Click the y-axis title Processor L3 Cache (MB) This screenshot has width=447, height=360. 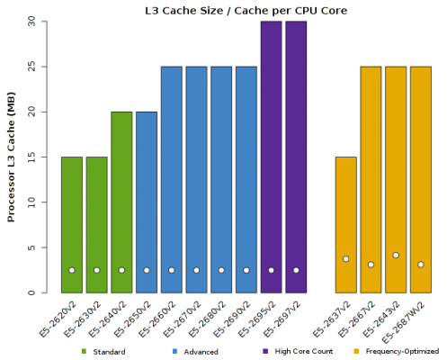click(11, 158)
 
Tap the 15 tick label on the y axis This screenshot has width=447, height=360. click(31, 157)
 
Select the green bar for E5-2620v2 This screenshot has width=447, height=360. click(72, 225)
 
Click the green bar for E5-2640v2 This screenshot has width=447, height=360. click(121, 202)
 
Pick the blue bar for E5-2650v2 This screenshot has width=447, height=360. click(147, 202)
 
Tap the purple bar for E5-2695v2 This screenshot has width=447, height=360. click(271, 157)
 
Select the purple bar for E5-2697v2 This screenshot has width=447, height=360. click(296, 157)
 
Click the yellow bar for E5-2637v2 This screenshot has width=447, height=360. click(345, 225)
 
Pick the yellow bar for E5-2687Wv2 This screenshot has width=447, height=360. click(420, 180)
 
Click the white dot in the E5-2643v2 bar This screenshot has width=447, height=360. click(396, 256)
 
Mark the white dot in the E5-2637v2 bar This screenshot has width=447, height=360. click(345, 259)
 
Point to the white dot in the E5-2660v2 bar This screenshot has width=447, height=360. click(172, 270)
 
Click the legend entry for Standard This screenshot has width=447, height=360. click(108, 351)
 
